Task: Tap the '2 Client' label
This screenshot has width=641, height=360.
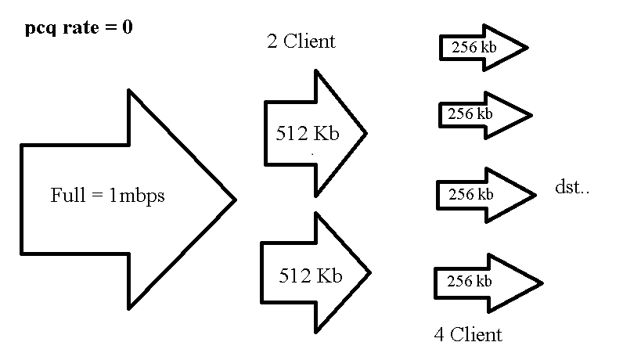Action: click(x=301, y=41)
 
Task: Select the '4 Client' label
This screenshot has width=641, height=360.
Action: click(x=468, y=335)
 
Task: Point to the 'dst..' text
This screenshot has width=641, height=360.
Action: click(x=571, y=188)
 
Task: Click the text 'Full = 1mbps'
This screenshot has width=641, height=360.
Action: click(x=107, y=196)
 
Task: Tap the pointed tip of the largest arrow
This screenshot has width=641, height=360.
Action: click(x=234, y=200)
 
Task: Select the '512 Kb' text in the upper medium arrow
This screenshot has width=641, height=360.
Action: click(x=308, y=133)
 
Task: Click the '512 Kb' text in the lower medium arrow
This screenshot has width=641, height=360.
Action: click(x=311, y=275)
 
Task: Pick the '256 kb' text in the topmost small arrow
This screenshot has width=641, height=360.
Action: click(x=474, y=46)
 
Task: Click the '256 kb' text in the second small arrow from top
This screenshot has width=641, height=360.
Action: click(x=470, y=113)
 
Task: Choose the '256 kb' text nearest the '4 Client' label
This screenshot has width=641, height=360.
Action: click(x=469, y=280)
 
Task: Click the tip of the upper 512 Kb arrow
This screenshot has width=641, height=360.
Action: click(x=366, y=133)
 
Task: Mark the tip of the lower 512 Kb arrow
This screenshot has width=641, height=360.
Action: click(x=369, y=272)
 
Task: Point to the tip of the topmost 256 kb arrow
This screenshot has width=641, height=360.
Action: click(x=527, y=47)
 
